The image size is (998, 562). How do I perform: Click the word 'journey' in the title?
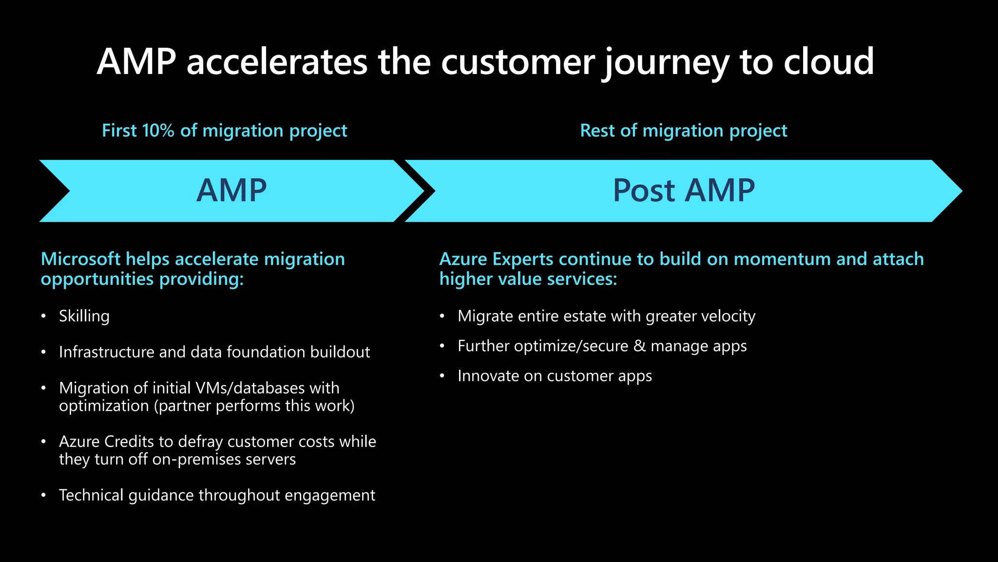coord(666,62)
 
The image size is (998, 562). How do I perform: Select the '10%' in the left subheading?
coord(158,131)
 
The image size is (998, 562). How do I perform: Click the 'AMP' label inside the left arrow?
coord(231,190)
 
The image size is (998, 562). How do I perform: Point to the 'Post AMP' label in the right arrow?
coord(683,190)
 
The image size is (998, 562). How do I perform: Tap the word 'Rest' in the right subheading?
coord(597,131)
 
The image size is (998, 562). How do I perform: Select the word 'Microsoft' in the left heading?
coord(80,259)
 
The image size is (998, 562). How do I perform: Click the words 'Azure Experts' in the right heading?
coord(496,259)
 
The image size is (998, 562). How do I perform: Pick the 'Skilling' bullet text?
coord(84,316)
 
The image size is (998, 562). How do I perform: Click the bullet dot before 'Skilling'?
coord(44,316)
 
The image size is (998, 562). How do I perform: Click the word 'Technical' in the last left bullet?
coord(91,495)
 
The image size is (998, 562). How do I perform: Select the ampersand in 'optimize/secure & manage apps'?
coord(639,346)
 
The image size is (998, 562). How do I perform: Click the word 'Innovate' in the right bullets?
coord(488,376)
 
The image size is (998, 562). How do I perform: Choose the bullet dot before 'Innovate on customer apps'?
coord(442,376)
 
